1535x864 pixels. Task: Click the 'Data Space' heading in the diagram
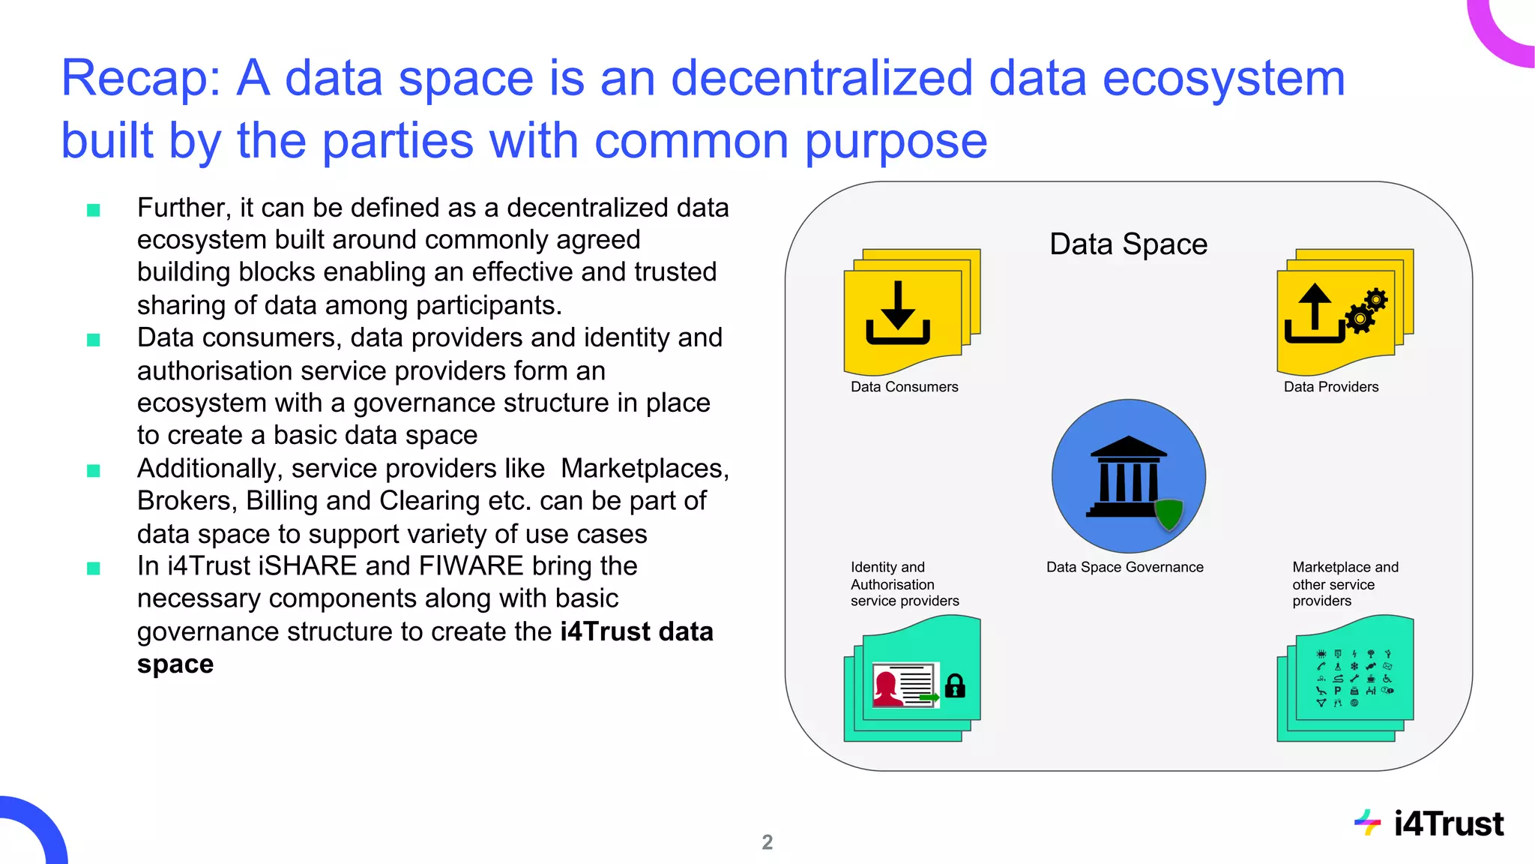point(1128,244)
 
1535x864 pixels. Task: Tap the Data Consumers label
point(904,387)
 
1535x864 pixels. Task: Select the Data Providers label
point(1330,387)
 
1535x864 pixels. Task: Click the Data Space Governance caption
point(1124,568)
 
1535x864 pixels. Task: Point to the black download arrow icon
point(898,313)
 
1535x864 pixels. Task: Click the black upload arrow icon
point(1314,313)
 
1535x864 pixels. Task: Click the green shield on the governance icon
point(1168,514)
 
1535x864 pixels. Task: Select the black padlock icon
point(955,685)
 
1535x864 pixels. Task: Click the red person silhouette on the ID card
point(887,687)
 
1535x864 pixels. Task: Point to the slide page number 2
point(767,842)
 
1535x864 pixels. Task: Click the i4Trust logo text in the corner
point(1448,824)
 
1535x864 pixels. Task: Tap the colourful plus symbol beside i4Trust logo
point(1368,823)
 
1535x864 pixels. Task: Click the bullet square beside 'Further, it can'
point(94,210)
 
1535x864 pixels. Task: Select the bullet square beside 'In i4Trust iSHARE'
point(94,568)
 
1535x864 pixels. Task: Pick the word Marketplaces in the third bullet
point(644,469)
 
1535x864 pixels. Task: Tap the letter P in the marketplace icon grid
point(1337,691)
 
